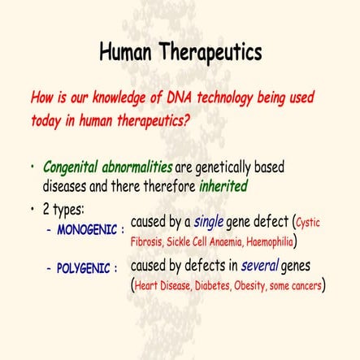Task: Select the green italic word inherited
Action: (223, 185)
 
